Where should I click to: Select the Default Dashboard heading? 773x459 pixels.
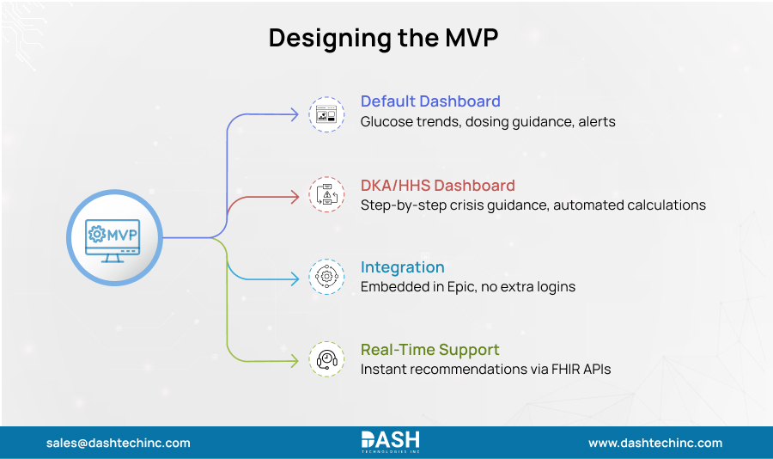[430, 101]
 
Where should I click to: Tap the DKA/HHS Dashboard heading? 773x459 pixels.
[438, 185]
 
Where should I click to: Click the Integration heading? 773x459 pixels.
[402, 267]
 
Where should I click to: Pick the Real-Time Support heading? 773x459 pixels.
[429, 350]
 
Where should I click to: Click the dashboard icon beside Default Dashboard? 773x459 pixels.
[326, 113]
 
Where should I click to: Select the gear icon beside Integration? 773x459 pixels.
[326, 277]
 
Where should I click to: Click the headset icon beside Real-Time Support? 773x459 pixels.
[326, 358]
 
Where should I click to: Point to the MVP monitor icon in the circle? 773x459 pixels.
[114, 237]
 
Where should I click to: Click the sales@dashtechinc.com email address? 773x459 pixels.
[119, 444]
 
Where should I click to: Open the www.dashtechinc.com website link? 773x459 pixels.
[655, 444]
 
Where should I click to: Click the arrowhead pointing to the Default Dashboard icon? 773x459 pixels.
[297, 113]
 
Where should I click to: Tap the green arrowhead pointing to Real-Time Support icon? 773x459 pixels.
[297, 359]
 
